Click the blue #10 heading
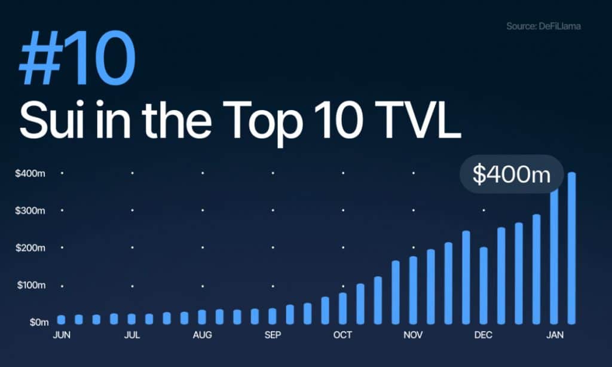coord(77,58)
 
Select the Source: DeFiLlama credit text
coord(543,26)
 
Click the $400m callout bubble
coord(512,174)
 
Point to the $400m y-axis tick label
coord(30,173)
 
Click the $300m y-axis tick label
coord(30,211)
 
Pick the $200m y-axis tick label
coord(30,248)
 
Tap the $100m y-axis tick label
coord(31,285)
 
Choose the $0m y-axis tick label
coord(39,322)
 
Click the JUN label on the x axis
coord(62,335)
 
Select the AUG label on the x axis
coord(202,335)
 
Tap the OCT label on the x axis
coord(342,335)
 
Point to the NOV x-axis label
coord(413,335)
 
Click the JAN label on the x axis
coord(555,335)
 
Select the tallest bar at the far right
coord(571,248)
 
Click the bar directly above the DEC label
coord(484,285)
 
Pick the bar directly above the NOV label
coord(413,290)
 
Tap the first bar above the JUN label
coord(62,320)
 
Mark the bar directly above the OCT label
coord(342,308)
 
